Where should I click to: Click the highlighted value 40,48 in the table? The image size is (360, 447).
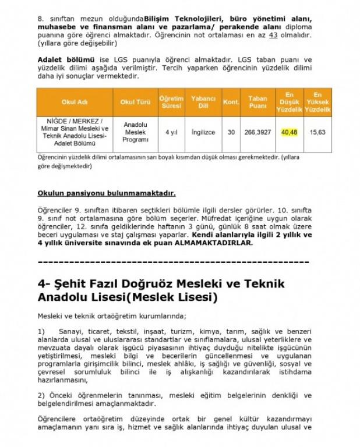coord(290,132)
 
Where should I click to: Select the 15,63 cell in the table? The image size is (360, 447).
coord(317,132)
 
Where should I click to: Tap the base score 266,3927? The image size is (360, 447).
coord(257,132)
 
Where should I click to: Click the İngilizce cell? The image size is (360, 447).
coord(203,132)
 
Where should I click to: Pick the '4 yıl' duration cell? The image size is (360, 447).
coord(171,132)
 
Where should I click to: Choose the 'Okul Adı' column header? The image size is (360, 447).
coord(74,102)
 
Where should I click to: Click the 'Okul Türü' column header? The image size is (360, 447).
coord(135,102)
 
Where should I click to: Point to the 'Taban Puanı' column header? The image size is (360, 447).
coord(257,102)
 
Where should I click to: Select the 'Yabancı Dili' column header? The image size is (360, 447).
coord(203,102)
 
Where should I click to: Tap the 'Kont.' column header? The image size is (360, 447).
coord(231,102)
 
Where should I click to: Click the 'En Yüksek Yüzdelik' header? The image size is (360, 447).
coord(317,102)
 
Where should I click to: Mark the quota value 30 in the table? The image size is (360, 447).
coord(231,132)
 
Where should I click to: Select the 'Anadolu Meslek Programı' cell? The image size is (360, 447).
coord(135,132)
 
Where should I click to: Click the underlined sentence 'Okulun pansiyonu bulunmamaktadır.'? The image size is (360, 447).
coord(107,193)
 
